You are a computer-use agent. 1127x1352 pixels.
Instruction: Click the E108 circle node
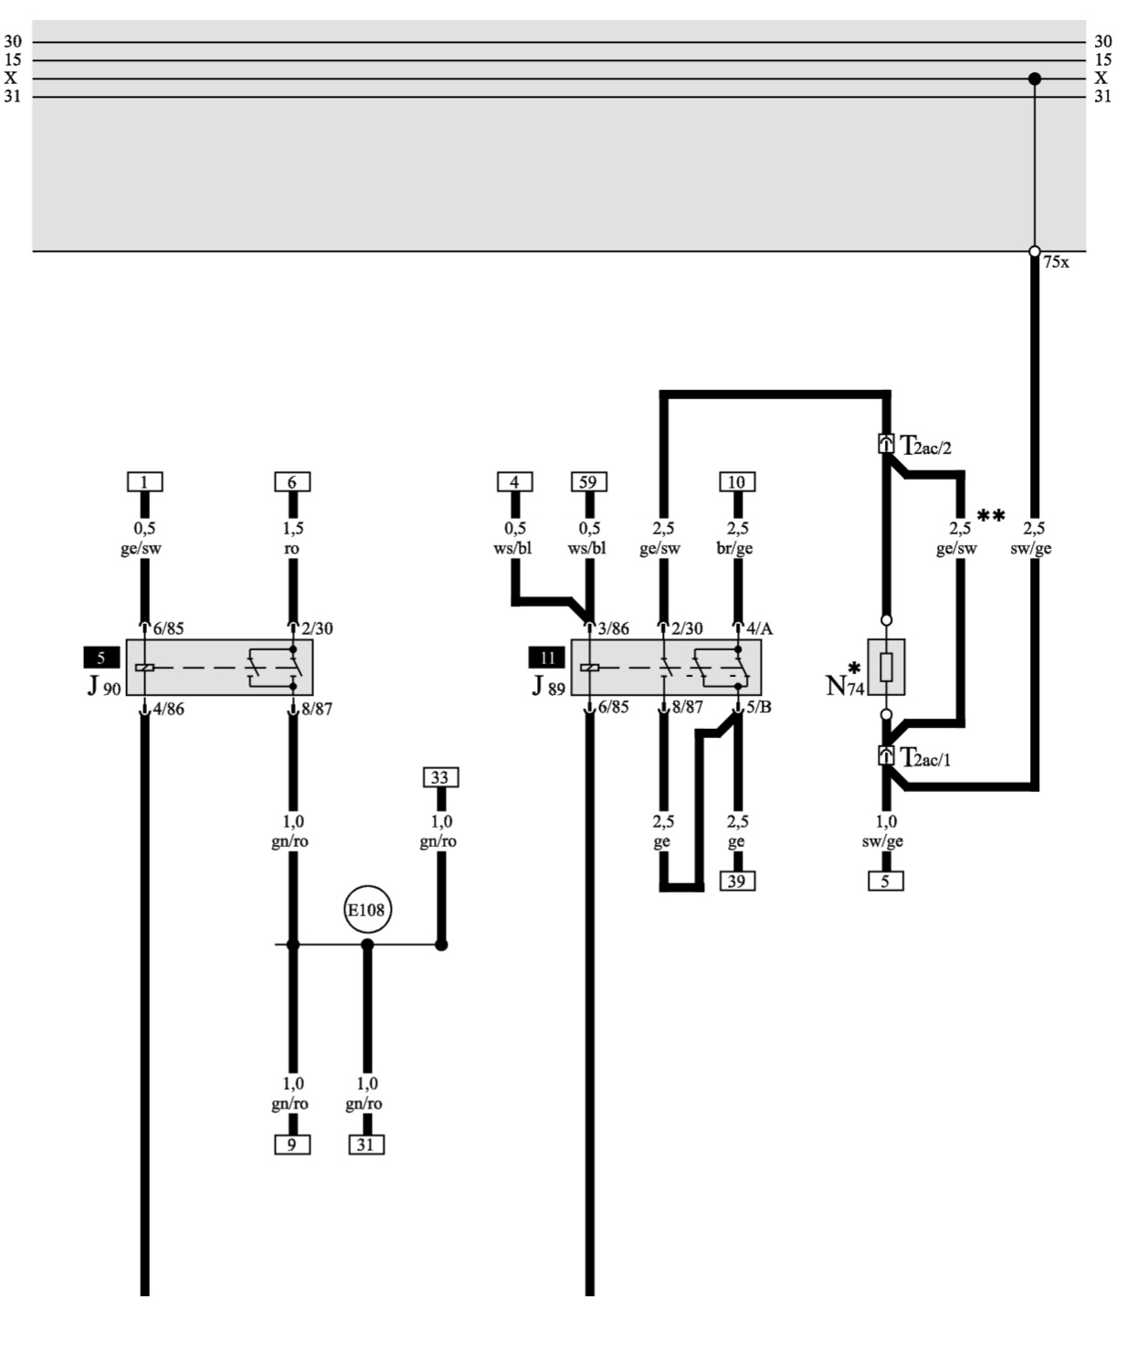[x=367, y=909]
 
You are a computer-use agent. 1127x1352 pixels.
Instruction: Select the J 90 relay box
[x=219, y=667]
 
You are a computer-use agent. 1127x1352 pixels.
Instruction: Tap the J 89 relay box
[x=666, y=667]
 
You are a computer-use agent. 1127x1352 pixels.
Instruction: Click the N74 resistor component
[x=886, y=667]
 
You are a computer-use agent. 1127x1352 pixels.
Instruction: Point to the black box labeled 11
[x=547, y=658]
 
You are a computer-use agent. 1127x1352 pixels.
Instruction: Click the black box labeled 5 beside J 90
[x=101, y=658]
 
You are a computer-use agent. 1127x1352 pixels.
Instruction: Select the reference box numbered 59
[x=589, y=481]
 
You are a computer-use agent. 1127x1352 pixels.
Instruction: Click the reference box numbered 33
[x=440, y=777]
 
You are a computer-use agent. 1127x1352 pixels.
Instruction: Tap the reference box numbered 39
[x=738, y=881]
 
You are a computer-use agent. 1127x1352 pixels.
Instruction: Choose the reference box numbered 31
[x=366, y=1144]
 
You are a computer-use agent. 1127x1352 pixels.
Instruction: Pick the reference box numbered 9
[x=292, y=1144]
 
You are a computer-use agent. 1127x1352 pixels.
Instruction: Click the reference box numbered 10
[x=737, y=481]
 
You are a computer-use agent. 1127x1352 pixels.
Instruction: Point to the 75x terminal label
[x=1057, y=262]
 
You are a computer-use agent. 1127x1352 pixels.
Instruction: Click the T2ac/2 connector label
[x=926, y=447]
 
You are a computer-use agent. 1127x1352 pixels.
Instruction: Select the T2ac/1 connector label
[x=925, y=758]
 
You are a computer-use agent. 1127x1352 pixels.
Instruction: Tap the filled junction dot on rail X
[x=1035, y=79]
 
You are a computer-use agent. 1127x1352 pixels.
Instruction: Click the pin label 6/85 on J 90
[x=167, y=628]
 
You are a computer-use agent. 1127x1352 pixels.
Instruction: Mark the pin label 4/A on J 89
[x=759, y=628]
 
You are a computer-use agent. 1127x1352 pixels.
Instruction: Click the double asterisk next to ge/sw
[x=991, y=516]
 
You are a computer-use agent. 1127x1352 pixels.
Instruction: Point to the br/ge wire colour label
[x=735, y=549]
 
